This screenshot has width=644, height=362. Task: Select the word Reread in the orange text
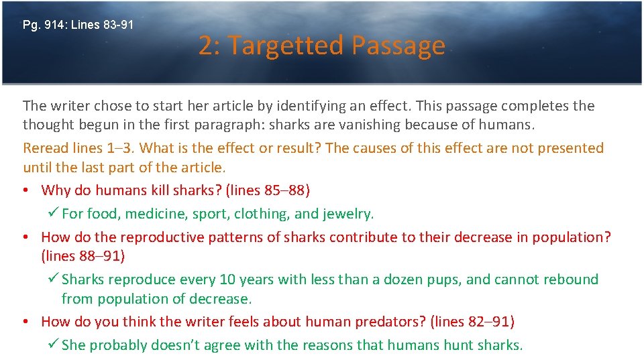[44, 147]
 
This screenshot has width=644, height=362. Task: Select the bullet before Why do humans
[25, 190]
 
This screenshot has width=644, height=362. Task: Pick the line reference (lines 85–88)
[268, 190]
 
